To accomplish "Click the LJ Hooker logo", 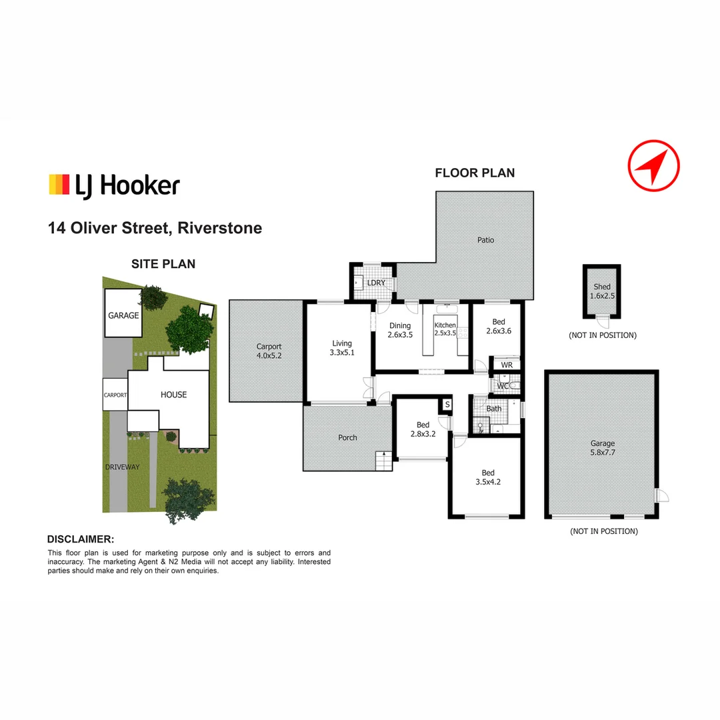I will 114,185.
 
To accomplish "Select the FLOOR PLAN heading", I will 475,173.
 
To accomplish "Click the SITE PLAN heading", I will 163,264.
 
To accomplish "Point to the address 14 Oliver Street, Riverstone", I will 155,228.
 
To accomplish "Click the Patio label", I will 485,240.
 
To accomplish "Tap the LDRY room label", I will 377,283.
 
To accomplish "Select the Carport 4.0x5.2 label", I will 269,351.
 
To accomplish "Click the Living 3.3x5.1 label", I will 342,348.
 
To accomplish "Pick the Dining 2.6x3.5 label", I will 401,331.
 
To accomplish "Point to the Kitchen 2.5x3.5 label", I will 445,329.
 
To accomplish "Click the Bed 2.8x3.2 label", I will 423,429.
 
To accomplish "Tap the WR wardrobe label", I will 507,365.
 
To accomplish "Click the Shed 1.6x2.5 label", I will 602,291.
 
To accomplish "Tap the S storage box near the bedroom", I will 447,405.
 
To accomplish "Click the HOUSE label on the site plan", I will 173,395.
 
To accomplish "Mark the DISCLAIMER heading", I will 81,539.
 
